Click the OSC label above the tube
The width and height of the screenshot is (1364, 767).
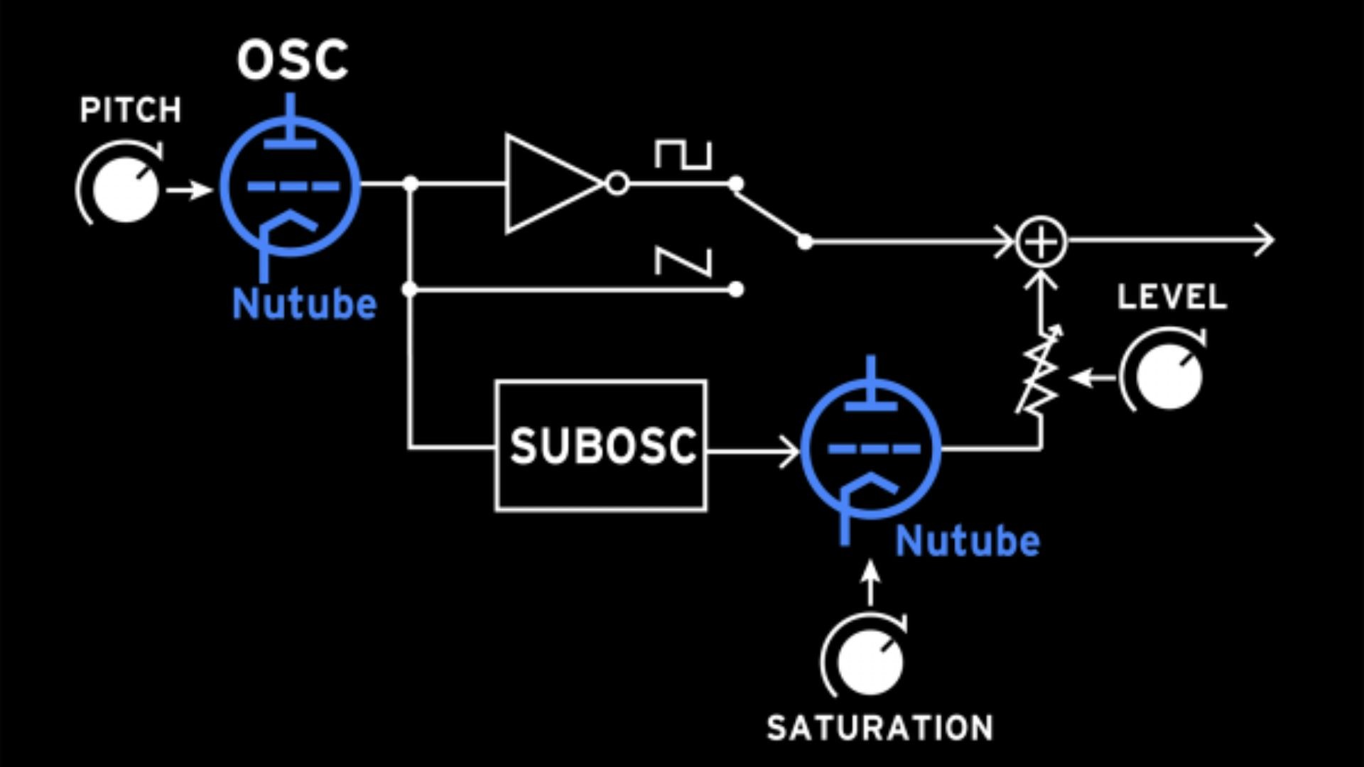(293, 60)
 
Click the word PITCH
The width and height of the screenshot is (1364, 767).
(131, 110)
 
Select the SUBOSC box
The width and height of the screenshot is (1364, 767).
(601, 446)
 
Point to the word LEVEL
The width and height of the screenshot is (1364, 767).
(1171, 297)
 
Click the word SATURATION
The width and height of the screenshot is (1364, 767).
(879, 729)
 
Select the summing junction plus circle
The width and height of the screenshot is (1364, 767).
(1041, 242)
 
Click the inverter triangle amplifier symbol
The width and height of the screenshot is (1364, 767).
(547, 185)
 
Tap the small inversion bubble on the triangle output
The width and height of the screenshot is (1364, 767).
(617, 185)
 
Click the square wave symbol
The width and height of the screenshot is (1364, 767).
(683, 155)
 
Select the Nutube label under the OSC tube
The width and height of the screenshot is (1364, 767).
(304, 304)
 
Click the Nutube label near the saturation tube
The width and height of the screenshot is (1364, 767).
(968, 541)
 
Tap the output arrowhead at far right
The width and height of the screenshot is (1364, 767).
(1265, 241)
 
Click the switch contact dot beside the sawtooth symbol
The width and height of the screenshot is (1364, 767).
(736, 289)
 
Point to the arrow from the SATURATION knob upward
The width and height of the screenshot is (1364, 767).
(870, 582)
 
